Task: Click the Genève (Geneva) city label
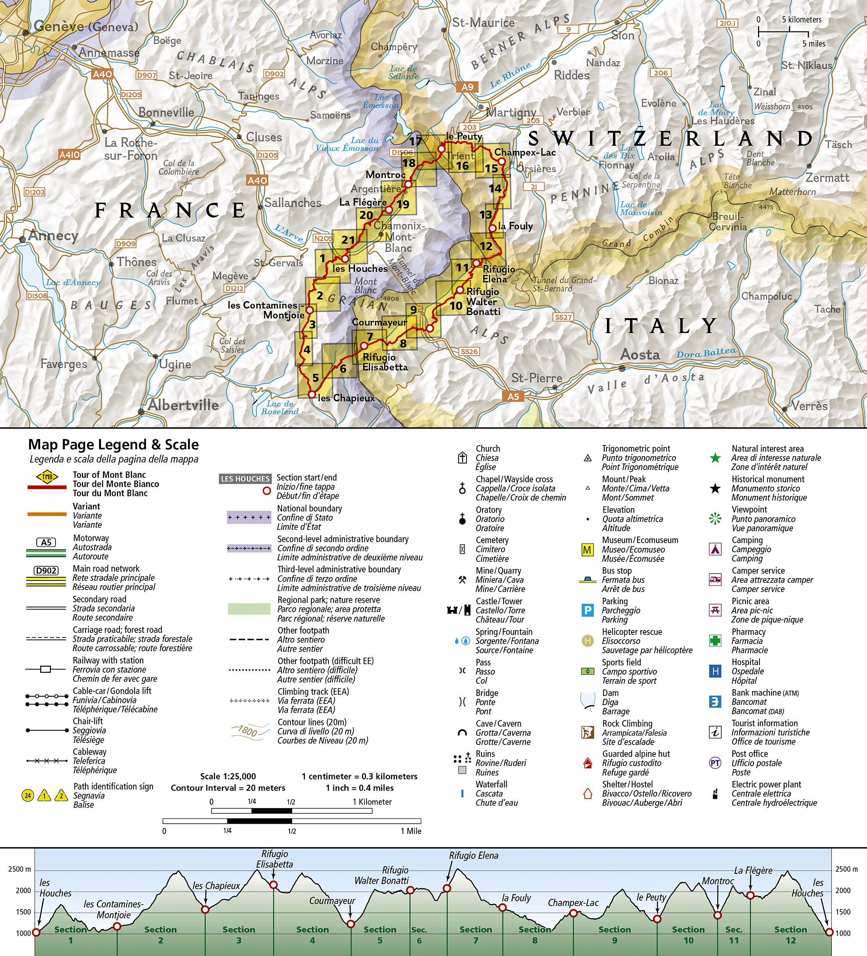tap(85, 26)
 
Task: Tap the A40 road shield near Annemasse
tap(102, 73)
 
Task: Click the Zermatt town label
tap(827, 178)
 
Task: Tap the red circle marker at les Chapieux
tap(312, 394)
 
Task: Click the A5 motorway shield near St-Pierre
tap(513, 397)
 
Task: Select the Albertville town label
tap(183, 405)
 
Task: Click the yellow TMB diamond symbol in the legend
tap(47, 476)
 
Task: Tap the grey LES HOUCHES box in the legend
tap(245, 479)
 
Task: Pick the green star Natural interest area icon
tap(715, 458)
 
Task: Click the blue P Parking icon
tap(587, 610)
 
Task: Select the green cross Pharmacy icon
tap(715, 641)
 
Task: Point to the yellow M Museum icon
tap(587, 550)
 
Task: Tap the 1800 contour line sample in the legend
tap(249, 731)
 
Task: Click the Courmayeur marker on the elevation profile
tap(351, 924)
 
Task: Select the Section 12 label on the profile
tap(790, 935)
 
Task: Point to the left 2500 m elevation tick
tap(20, 869)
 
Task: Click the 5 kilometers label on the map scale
tap(802, 20)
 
